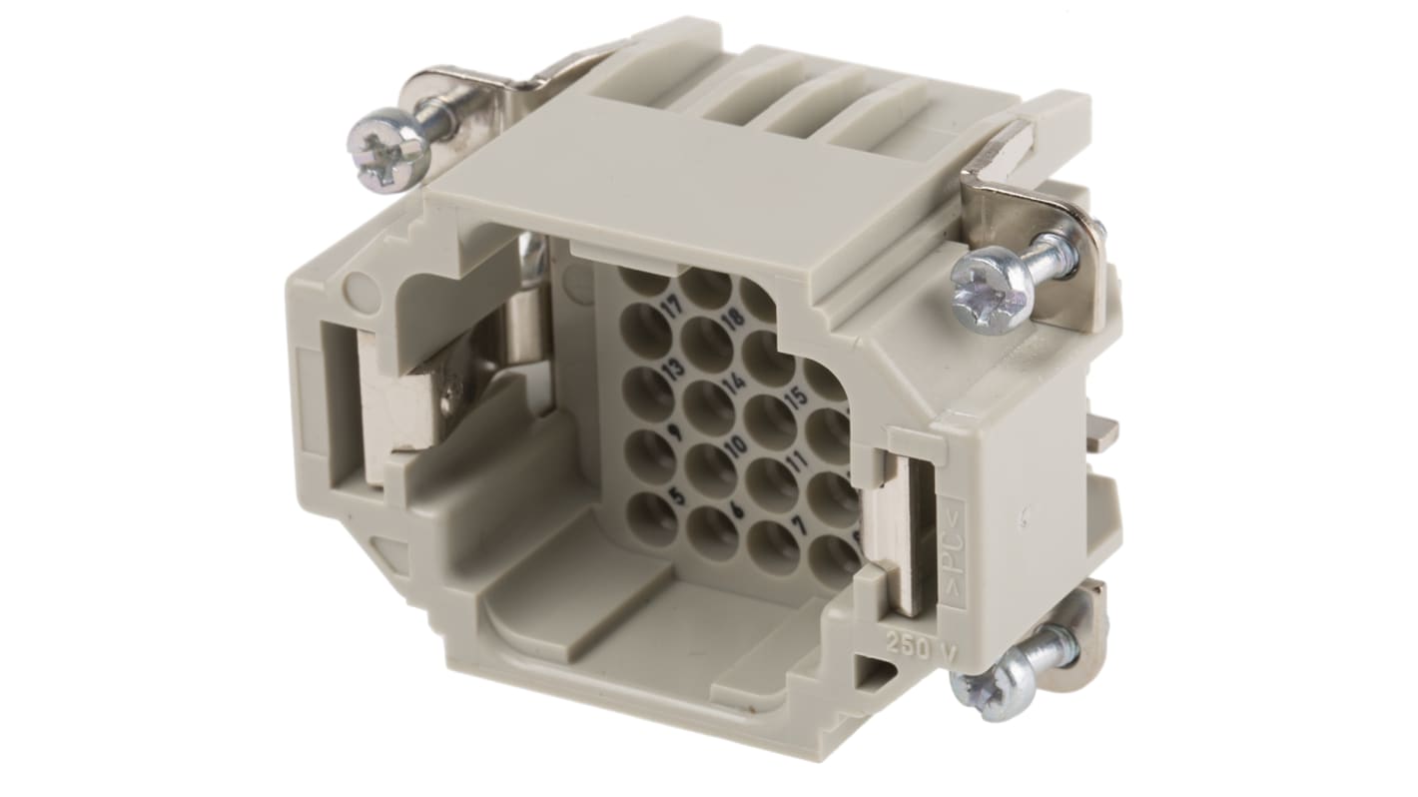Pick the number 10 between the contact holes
[738, 444]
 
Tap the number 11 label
[796, 461]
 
